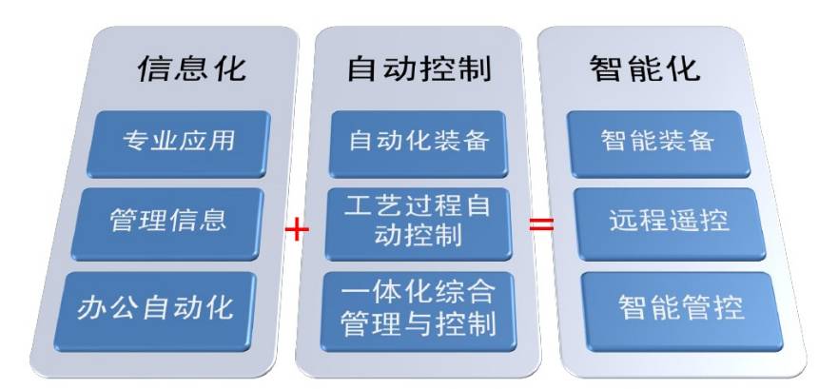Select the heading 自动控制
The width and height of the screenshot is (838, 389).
pos(419,68)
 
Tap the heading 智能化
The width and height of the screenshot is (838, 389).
pos(644,68)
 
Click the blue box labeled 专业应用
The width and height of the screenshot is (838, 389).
pos(180,143)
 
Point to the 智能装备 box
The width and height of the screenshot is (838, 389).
pos(658,143)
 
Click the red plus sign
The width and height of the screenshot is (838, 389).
pos(298,228)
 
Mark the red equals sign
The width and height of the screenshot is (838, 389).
pos(541,226)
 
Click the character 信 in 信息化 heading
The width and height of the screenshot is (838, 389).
pos(156,68)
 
